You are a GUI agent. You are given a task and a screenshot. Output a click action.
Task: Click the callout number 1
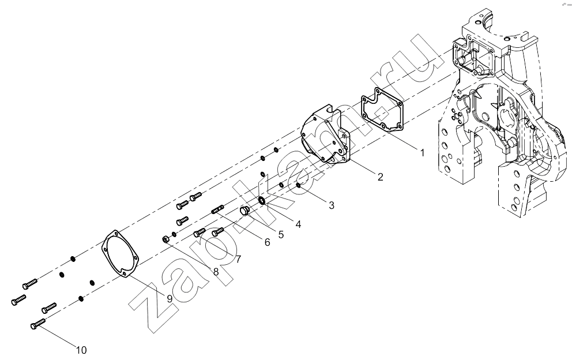pyautogui.click(x=423, y=153)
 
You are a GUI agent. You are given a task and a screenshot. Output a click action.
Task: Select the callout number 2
pyautogui.click(x=380, y=177)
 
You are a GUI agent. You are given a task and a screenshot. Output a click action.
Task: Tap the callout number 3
pyautogui.click(x=331, y=205)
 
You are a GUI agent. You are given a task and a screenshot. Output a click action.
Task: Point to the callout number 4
pyautogui.click(x=299, y=224)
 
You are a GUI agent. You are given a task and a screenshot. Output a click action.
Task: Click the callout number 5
pyautogui.click(x=281, y=234)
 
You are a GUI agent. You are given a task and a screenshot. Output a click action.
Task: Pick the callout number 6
pyautogui.click(x=268, y=242)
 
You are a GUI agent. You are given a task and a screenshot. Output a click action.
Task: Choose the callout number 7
pyautogui.click(x=238, y=259)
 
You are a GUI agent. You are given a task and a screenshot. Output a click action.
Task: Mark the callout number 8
pyautogui.click(x=216, y=272)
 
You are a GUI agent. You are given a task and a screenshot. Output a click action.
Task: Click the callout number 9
pyautogui.click(x=170, y=299)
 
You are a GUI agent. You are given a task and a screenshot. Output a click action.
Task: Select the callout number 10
pyautogui.click(x=81, y=350)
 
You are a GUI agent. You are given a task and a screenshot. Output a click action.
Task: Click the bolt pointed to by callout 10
pyautogui.click(x=37, y=324)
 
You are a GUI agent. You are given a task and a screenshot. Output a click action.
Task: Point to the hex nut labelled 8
pyautogui.click(x=165, y=239)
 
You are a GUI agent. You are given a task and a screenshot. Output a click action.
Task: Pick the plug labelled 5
pyautogui.click(x=245, y=211)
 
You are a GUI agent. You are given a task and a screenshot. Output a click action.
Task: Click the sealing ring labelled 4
pyautogui.click(x=262, y=200)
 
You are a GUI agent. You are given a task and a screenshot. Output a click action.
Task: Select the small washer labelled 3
pyautogui.click(x=299, y=186)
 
